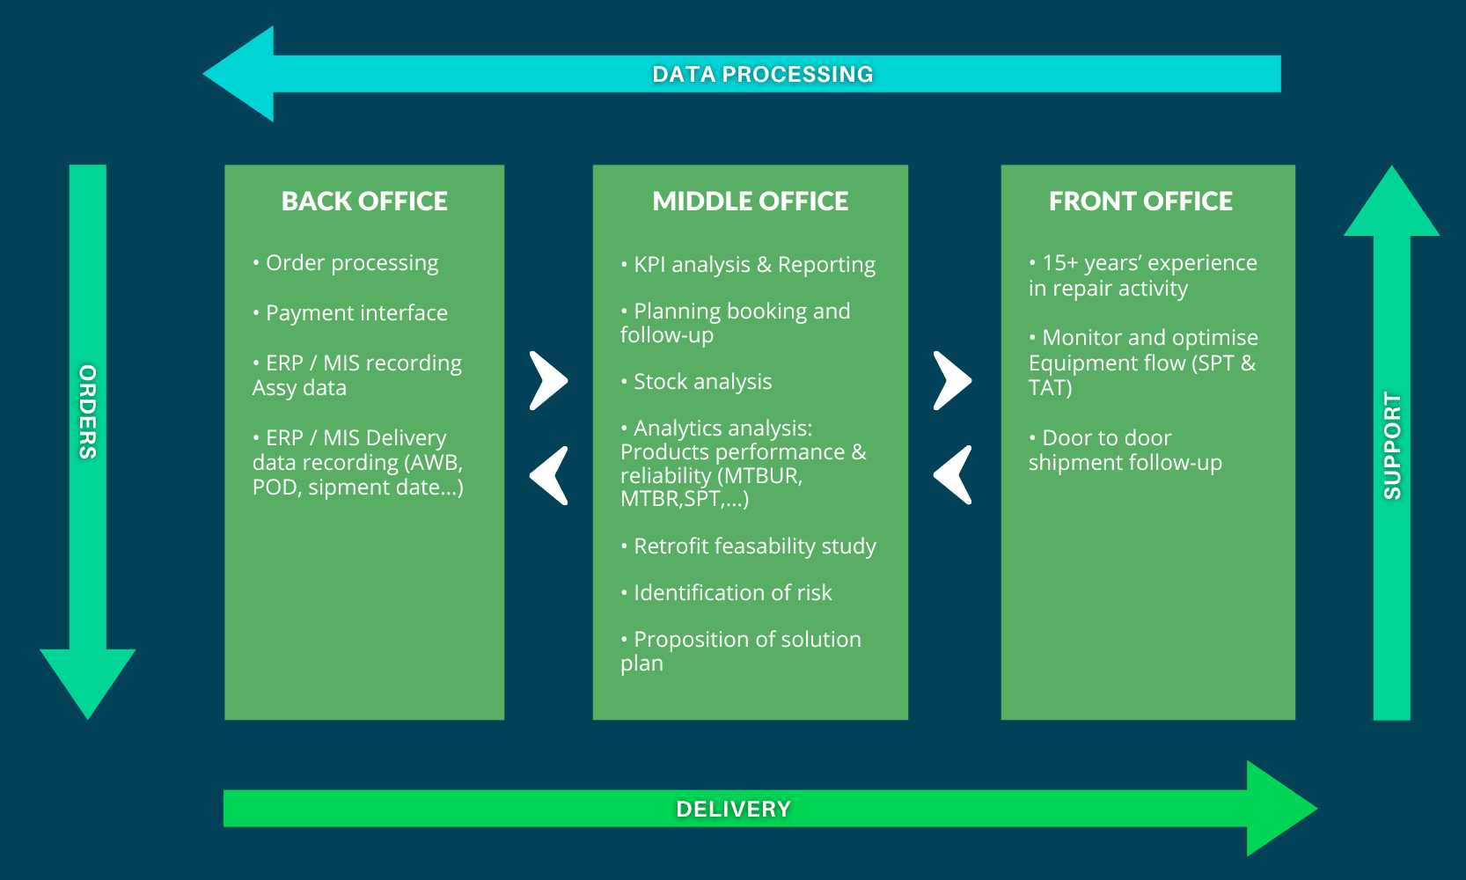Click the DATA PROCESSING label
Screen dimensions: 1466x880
(x=762, y=74)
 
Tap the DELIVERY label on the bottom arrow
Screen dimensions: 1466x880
(x=734, y=809)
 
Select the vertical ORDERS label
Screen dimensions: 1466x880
(x=88, y=412)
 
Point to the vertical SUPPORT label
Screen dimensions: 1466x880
(x=1392, y=445)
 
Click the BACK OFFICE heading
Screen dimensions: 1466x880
(x=364, y=201)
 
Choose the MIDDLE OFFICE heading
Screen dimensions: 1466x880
(x=750, y=201)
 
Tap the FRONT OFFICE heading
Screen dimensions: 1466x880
(x=1140, y=201)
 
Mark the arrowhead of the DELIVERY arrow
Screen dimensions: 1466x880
(x=1281, y=809)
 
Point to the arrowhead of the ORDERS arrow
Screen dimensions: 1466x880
(x=88, y=684)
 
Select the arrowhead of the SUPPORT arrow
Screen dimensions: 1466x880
(x=1392, y=201)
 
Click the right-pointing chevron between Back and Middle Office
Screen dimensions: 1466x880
(x=548, y=381)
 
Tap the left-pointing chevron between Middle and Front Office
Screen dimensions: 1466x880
(x=952, y=475)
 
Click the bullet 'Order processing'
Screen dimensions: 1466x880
(x=346, y=263)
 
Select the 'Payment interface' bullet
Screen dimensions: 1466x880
(x=350, y=312)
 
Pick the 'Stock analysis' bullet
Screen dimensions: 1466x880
(x=696, y=381)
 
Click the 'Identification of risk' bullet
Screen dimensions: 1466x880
(x=727, y=593)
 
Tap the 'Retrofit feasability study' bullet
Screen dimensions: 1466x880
(x=748, y=546)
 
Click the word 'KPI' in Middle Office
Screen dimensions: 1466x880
(x=649, y=264)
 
